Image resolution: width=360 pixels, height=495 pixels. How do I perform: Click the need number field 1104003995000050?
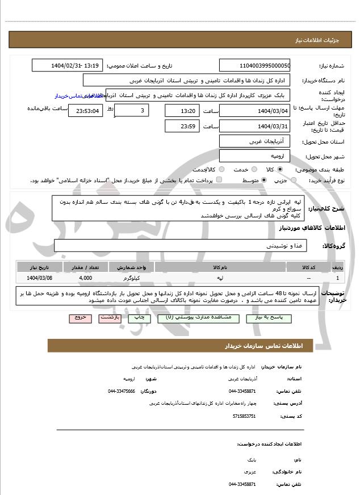(x=254, y=66)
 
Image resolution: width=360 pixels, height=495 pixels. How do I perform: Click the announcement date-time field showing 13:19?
(x=68, y=66)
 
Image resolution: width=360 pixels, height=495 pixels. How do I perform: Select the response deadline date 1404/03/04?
(x=254, y=110)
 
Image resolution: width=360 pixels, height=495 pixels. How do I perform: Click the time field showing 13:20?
(x=182, y=110)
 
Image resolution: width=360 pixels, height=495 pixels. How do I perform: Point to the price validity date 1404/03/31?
(x=254, y=126)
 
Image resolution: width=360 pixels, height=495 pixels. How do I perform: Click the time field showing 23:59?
(x=182, y=126)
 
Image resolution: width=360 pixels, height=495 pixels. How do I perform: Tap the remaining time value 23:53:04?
(x=86, y=110)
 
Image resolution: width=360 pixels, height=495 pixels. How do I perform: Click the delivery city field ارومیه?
(x=254, y=155)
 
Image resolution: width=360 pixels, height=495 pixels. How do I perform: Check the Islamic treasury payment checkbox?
(x=219, y=180)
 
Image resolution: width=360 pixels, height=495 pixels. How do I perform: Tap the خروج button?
(x=80, y=318)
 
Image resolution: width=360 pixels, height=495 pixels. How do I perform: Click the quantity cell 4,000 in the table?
(x=86, y=278)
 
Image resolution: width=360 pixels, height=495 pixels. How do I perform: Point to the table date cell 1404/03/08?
(x=39, y=278)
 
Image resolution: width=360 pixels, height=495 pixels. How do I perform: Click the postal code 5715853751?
(x=244, y=416)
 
